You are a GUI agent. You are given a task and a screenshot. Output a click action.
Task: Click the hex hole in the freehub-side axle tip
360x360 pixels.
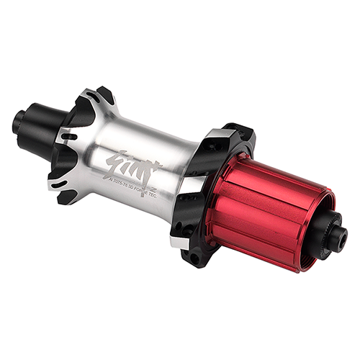click(x=343, y=237)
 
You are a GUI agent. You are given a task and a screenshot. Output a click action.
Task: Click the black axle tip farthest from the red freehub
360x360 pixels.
click(x=18, y=122)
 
